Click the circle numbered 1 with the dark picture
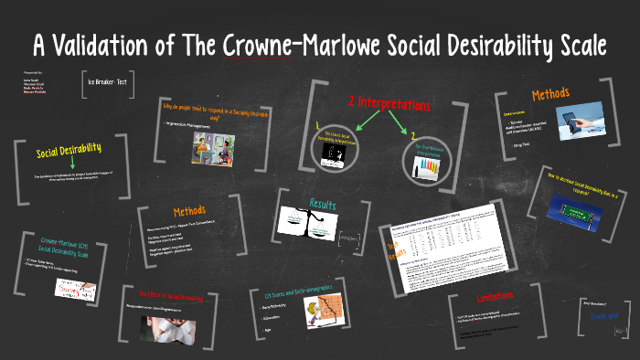point(334,153)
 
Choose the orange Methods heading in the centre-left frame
point(189,212)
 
